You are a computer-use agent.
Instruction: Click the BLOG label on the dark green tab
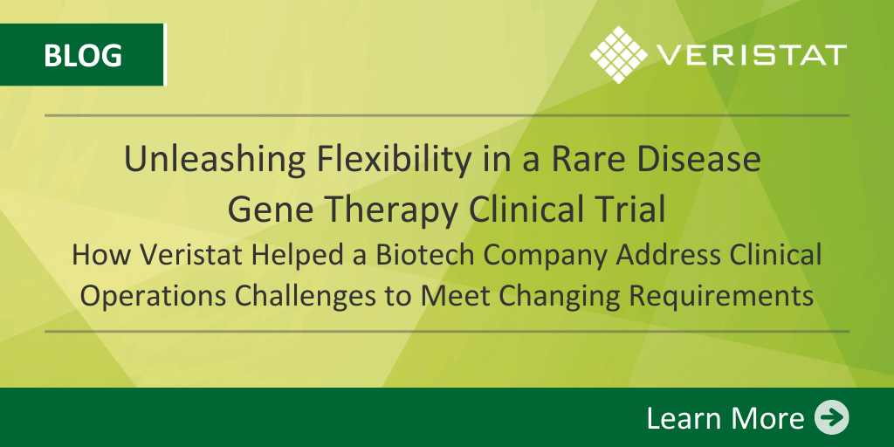(83, 56)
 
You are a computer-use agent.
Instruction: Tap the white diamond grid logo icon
(619, 55)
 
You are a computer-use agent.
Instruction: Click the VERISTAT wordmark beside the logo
(752, 55)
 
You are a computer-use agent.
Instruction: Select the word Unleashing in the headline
(214, 161)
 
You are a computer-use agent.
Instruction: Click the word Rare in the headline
(580, 161)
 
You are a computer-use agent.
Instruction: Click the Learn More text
(726, 418)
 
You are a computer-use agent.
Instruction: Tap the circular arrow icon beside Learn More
(831, 418)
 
